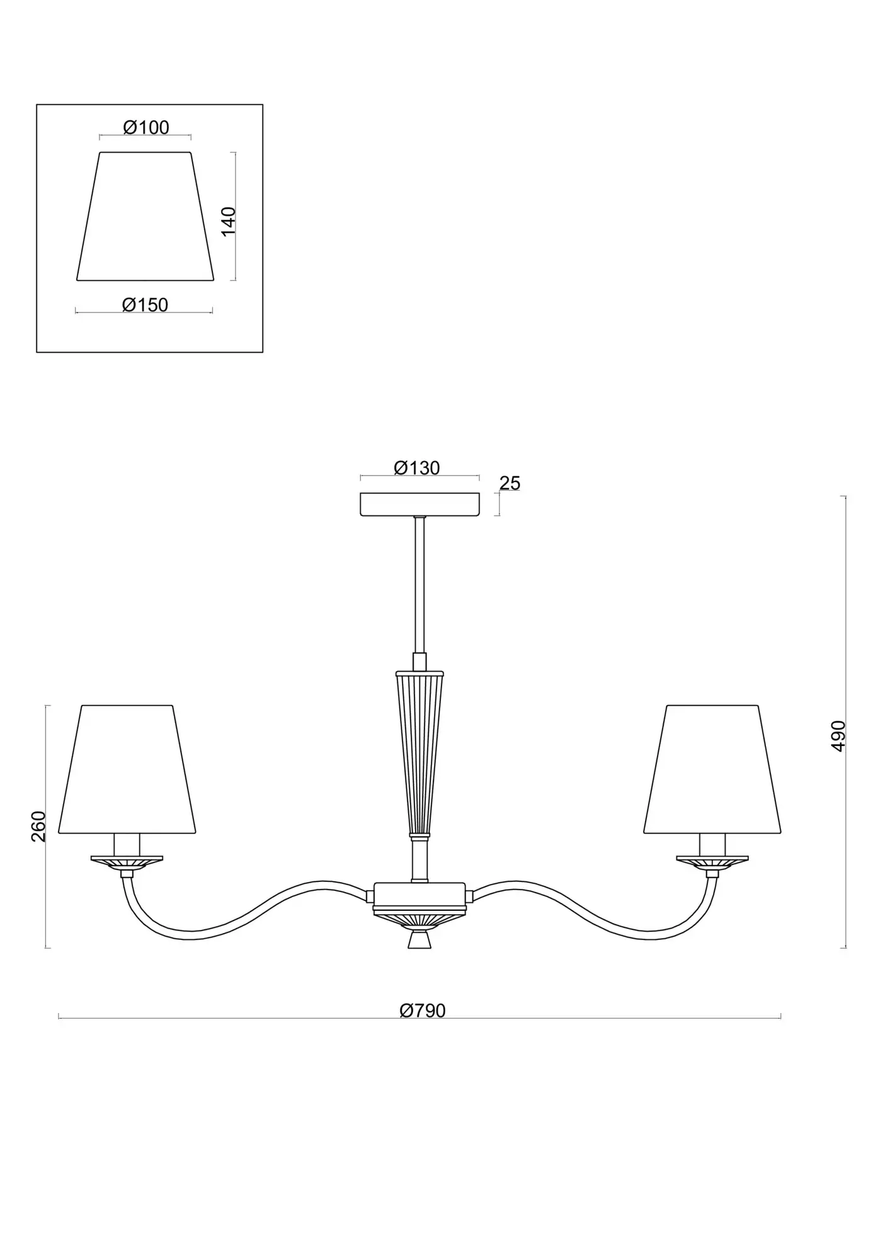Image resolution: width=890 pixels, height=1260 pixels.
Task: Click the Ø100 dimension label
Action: coord(146,128)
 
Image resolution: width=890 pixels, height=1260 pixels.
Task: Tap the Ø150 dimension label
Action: coord(145,305)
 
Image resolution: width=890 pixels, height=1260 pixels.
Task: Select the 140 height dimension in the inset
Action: coord(228,221)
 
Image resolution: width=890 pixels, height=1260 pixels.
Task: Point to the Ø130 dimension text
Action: coord(417,468)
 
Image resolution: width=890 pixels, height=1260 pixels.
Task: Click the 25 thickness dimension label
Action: coord(510,483)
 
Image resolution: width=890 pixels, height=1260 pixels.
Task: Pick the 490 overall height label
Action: coord(838,736)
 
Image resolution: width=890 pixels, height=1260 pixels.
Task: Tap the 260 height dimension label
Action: coord(38,827)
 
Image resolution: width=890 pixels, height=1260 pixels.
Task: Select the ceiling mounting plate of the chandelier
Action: coord(419,504)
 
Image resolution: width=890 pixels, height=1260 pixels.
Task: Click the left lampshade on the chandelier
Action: coord(127,769)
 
